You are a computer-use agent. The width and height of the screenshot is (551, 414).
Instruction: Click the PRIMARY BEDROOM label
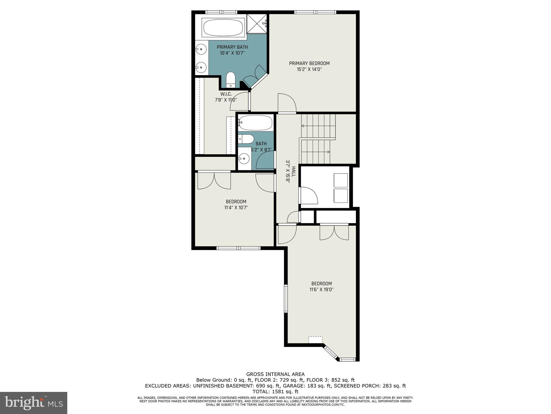tap(309, 63)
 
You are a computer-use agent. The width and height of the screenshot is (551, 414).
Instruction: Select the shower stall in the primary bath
tap(257, 23)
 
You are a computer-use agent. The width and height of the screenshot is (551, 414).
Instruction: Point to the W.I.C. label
tap(226, 94)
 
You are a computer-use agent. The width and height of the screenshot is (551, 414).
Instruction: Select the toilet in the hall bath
tap(247, 139)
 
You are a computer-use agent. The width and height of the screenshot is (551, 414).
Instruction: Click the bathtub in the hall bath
tap(255, 123)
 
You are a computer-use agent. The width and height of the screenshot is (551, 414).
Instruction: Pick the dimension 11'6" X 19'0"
tap(322, 289)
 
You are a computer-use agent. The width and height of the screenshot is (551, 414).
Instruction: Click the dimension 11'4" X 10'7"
tap(236, 208)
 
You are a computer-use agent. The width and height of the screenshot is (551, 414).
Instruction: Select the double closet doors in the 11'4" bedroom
tap(214, 180)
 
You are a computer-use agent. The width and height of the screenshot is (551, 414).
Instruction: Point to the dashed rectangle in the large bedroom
tap(315, 340)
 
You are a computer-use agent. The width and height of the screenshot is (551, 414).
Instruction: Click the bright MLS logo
tap(34, 403)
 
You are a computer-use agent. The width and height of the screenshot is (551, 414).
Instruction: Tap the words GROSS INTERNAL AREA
tap(275, 374)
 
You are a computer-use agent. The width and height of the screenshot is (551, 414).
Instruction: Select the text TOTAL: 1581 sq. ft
tap(275, 392)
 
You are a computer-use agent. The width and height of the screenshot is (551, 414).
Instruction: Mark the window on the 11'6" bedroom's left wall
tap(286, 298)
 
